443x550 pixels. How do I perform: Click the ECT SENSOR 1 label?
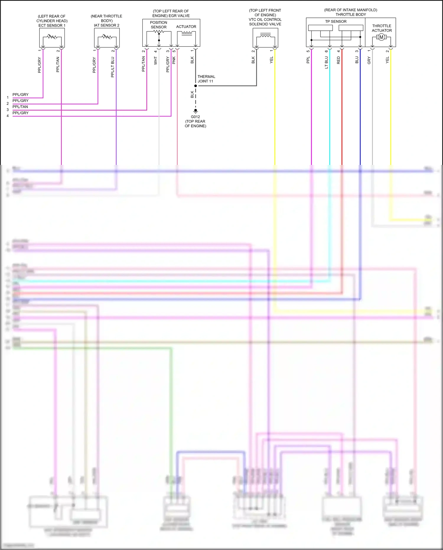(x=52, y=25)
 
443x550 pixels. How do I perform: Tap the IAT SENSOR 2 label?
(x=107, y=25)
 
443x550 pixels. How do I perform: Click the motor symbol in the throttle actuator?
(x=381, y=37)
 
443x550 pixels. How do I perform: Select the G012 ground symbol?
(x=195, y=111)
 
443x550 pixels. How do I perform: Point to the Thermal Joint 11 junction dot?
(x=196, y=86)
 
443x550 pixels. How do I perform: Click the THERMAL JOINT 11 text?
(x=206, y=79)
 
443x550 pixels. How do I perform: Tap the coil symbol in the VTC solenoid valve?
(x=265, y=37)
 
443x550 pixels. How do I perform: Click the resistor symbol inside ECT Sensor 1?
(x=52, y=37)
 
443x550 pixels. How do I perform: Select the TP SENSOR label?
(x=336, y=22)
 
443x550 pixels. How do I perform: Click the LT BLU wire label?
(x=326, y=63)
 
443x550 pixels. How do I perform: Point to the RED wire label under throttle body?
(x=338, y=60)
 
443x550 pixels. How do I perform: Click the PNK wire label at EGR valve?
(x=174, y=60)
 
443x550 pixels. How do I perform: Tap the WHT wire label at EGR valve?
(x=156, y=61)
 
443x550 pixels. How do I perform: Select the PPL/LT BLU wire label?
(x=113, y=67)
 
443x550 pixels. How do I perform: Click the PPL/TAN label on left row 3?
(x=20, y=107)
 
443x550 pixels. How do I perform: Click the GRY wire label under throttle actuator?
(x=369, y=61)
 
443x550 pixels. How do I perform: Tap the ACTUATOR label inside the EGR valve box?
(x=186, y=27)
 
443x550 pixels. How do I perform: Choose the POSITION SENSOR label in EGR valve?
(x=159, y=25)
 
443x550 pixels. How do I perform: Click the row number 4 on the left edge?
(x=8, y=116)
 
